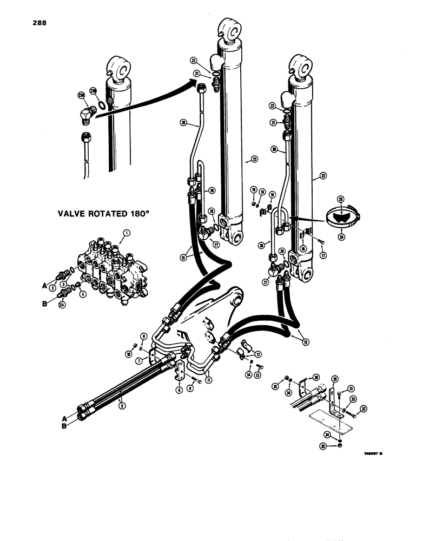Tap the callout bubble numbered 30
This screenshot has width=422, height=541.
click(x=316, y=378)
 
